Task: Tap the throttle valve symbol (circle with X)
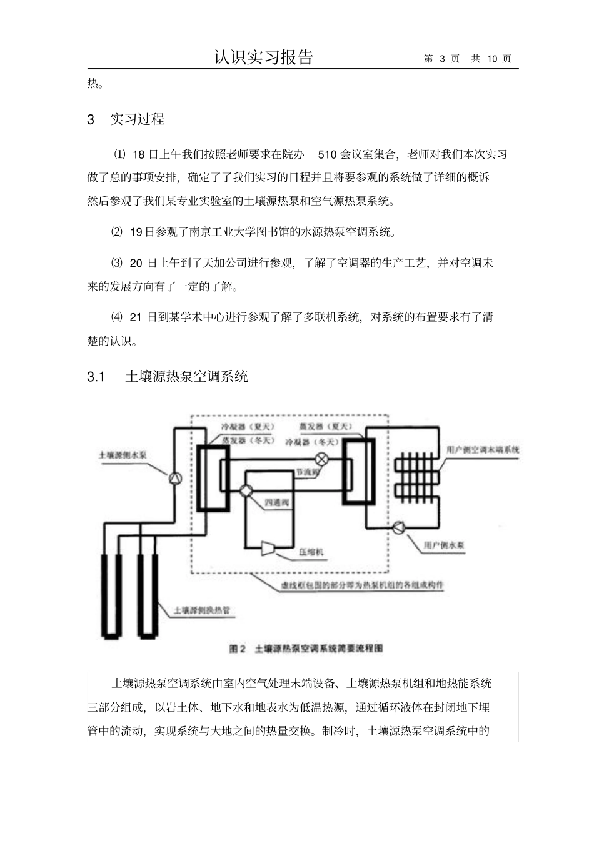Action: pos(321,459)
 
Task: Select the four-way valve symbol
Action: pos(246,491)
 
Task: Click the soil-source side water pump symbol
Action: pos(176,478)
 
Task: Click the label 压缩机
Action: pos(311,552)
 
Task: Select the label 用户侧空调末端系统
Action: pos(483,450)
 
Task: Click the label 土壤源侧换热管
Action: pos(196,610)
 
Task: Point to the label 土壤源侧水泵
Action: pos(123,455)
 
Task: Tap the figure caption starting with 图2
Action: pos(306,649)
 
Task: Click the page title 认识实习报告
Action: pos(263,57)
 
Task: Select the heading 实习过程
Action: pos(137,119)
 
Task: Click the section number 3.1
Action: pos(96,377)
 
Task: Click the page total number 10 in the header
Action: pos(492,59)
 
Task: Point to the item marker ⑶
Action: pos(117,263)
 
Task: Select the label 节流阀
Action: pos(308,472)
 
